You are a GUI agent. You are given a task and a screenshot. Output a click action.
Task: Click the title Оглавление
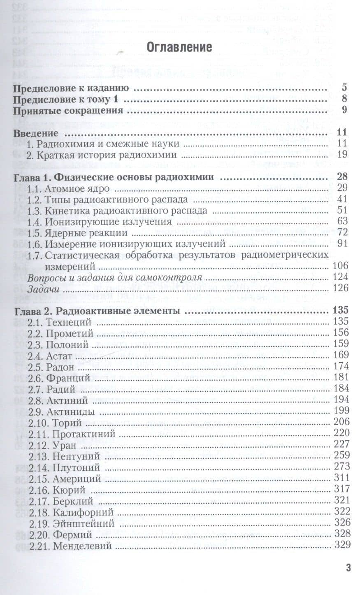pos(179,47)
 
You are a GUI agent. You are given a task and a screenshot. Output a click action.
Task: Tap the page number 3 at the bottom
pos(348,568)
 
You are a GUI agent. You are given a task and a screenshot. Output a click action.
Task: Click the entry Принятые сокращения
pos(68,110)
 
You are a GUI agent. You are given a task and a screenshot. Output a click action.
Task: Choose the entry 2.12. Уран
pos(51,444)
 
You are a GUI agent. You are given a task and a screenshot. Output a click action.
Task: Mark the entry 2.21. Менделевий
pos(69,546)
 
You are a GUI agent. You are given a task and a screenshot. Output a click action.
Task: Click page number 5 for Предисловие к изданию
pos(344,88)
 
